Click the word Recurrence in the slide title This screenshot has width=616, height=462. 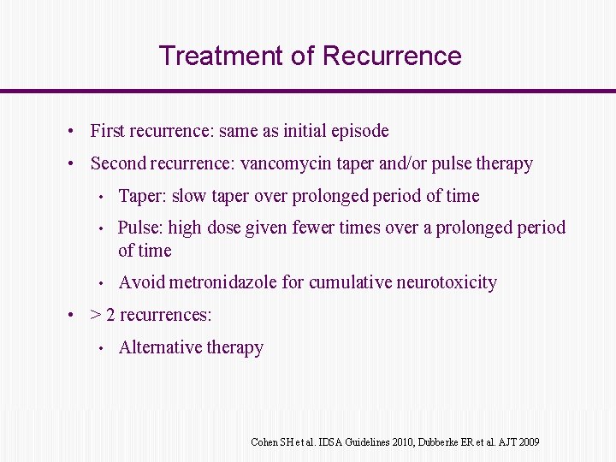(392, 56)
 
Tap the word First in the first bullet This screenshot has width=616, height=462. (109, 131)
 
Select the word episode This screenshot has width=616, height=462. (361, 131)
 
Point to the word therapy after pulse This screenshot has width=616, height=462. (505, 163)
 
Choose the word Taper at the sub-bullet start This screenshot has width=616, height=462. (142, 196)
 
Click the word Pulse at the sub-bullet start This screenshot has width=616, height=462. (139, 228)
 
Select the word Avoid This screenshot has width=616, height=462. (141, 282)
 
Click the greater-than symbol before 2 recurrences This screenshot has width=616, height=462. (96, 315)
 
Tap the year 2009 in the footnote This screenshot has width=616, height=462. (528, 442)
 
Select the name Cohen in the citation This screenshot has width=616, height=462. (264, 442)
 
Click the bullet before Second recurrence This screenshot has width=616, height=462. (74, 163)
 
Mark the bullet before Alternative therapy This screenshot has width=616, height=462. (101, 348)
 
